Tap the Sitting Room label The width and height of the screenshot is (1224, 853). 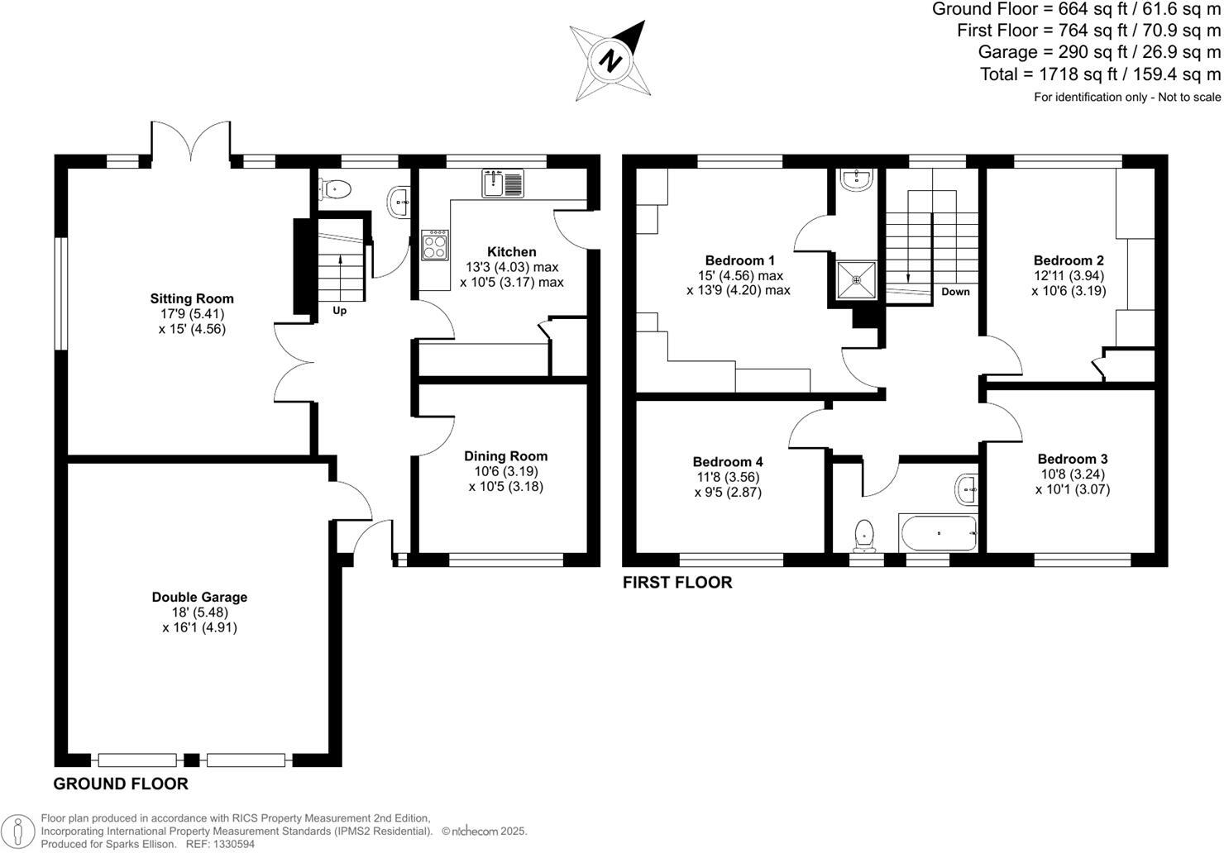[192, 298]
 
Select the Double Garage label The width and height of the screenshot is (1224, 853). [199, 597]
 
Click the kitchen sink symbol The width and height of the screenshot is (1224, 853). [503, 183]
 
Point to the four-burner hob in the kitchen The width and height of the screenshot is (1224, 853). [435, 245]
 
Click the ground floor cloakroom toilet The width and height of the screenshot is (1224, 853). [337, 190]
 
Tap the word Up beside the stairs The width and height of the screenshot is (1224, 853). [339, 311]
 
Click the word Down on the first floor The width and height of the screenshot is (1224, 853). [955, 292]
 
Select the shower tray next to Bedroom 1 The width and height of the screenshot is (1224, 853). [856, 280]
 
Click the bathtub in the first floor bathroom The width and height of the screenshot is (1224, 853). [939, 534]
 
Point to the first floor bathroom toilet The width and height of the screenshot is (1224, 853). [864, 535]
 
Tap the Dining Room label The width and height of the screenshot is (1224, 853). [505, 455]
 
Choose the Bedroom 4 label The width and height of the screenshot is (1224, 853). [728, 461]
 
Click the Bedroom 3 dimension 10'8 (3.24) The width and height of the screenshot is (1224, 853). [1072, 474]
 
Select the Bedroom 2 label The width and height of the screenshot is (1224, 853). [1069, 260]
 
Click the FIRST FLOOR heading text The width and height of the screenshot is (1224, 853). [677, 583]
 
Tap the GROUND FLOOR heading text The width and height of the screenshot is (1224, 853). [121, 784]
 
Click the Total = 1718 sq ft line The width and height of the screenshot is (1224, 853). [1100, 74]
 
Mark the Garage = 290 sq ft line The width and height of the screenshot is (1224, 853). [1099, 52]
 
